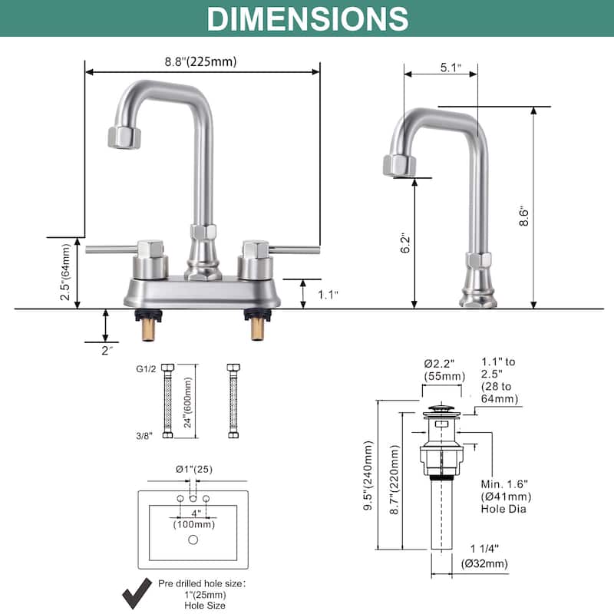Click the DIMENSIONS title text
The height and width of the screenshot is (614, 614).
point(307,18)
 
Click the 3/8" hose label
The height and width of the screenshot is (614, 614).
point(146,435)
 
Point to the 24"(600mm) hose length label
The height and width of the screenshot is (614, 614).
point(187,401)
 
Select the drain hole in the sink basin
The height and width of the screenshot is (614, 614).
point(193,540)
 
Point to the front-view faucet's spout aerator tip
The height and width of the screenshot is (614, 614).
point(124,138)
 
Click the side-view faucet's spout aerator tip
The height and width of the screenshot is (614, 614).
point(399,165)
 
